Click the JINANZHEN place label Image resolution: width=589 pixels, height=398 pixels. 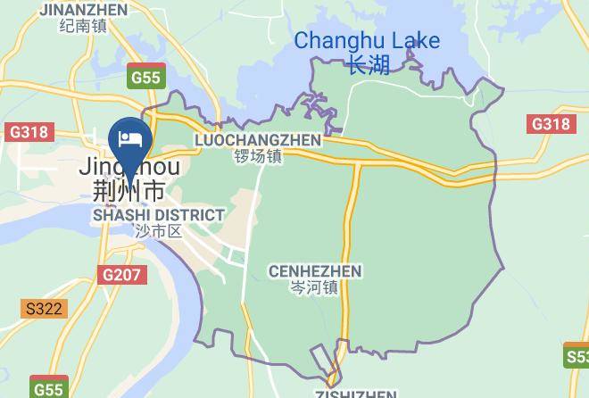point(83,10)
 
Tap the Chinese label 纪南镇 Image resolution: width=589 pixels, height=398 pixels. point(83,26)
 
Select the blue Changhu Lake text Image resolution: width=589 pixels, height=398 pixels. point(367,41)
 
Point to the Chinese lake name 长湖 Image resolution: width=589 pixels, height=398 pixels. point(369,65)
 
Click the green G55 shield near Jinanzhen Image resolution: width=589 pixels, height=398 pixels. point(145,77)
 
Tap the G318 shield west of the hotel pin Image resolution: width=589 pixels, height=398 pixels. point(28,132)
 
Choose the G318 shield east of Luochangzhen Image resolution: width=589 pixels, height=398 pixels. point(550,124)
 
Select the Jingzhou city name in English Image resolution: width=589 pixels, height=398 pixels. point(129,167)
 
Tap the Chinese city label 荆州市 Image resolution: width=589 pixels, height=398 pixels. point(129,190)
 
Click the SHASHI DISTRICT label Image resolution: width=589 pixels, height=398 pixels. point(158,215)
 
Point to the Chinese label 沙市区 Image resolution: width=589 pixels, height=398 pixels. point(158,231)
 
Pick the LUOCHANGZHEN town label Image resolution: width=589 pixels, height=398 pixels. point(257,141)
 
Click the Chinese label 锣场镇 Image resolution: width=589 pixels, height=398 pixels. point(257,156)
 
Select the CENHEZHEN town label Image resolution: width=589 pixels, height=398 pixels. point(314,270)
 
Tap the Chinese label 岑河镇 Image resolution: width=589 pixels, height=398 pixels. point(314,287)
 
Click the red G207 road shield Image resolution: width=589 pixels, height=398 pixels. point(120,275)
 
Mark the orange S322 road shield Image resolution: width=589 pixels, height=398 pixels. point(44,309)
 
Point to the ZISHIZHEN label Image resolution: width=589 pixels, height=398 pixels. point(355,394)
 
